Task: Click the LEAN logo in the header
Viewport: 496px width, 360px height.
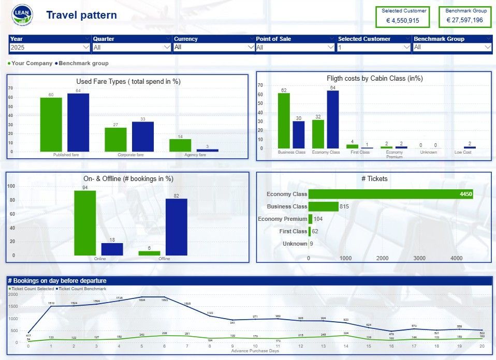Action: (x=22, y=16)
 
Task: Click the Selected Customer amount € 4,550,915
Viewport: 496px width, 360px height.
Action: (x=403, y=21)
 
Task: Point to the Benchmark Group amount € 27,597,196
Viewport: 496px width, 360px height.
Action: (x=464, y=21)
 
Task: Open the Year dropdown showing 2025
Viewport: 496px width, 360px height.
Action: (x=50, y=47)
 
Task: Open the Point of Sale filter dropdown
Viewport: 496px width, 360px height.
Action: (x=296, y=47)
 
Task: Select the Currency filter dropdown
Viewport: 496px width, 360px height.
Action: (x=213, y=47)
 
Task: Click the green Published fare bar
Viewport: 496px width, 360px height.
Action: (x=51, y=125)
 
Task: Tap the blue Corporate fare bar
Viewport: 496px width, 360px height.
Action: (x=143, y=137)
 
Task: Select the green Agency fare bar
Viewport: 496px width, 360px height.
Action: (x=180, y=145)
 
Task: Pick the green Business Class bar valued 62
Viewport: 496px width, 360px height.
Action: (x=284, y=121)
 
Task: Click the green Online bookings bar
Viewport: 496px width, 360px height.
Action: (x=85, y=223)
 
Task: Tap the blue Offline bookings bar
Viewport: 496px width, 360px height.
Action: (x=177, y=227)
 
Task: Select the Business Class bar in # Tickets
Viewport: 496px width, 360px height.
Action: (x=324, y=206)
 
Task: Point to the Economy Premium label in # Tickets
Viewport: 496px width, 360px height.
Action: (x=282, y=219)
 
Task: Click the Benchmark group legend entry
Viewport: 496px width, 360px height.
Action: (x=83, y=63)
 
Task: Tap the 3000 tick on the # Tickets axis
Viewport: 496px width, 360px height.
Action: (x=419, y=258)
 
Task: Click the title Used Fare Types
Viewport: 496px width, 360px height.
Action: (x=128, y=81)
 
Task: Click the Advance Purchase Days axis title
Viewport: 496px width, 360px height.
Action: (x=255, y=351)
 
